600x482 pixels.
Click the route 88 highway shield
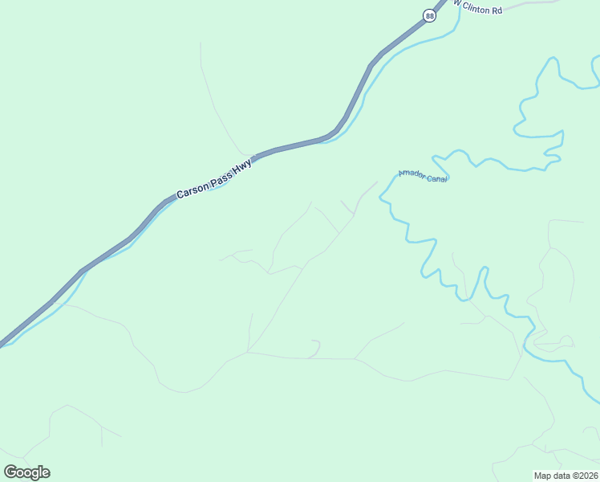[430, 16]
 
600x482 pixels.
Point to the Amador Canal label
[423, 177]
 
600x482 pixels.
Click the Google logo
[26, 472]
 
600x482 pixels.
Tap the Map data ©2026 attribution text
[566, 475]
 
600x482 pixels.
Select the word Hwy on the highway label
[243, 166]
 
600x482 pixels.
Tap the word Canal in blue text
[436, 179]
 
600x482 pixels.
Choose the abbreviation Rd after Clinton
[497, 10]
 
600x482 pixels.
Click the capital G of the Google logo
[10, 472]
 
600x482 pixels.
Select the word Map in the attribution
[543, 475]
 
